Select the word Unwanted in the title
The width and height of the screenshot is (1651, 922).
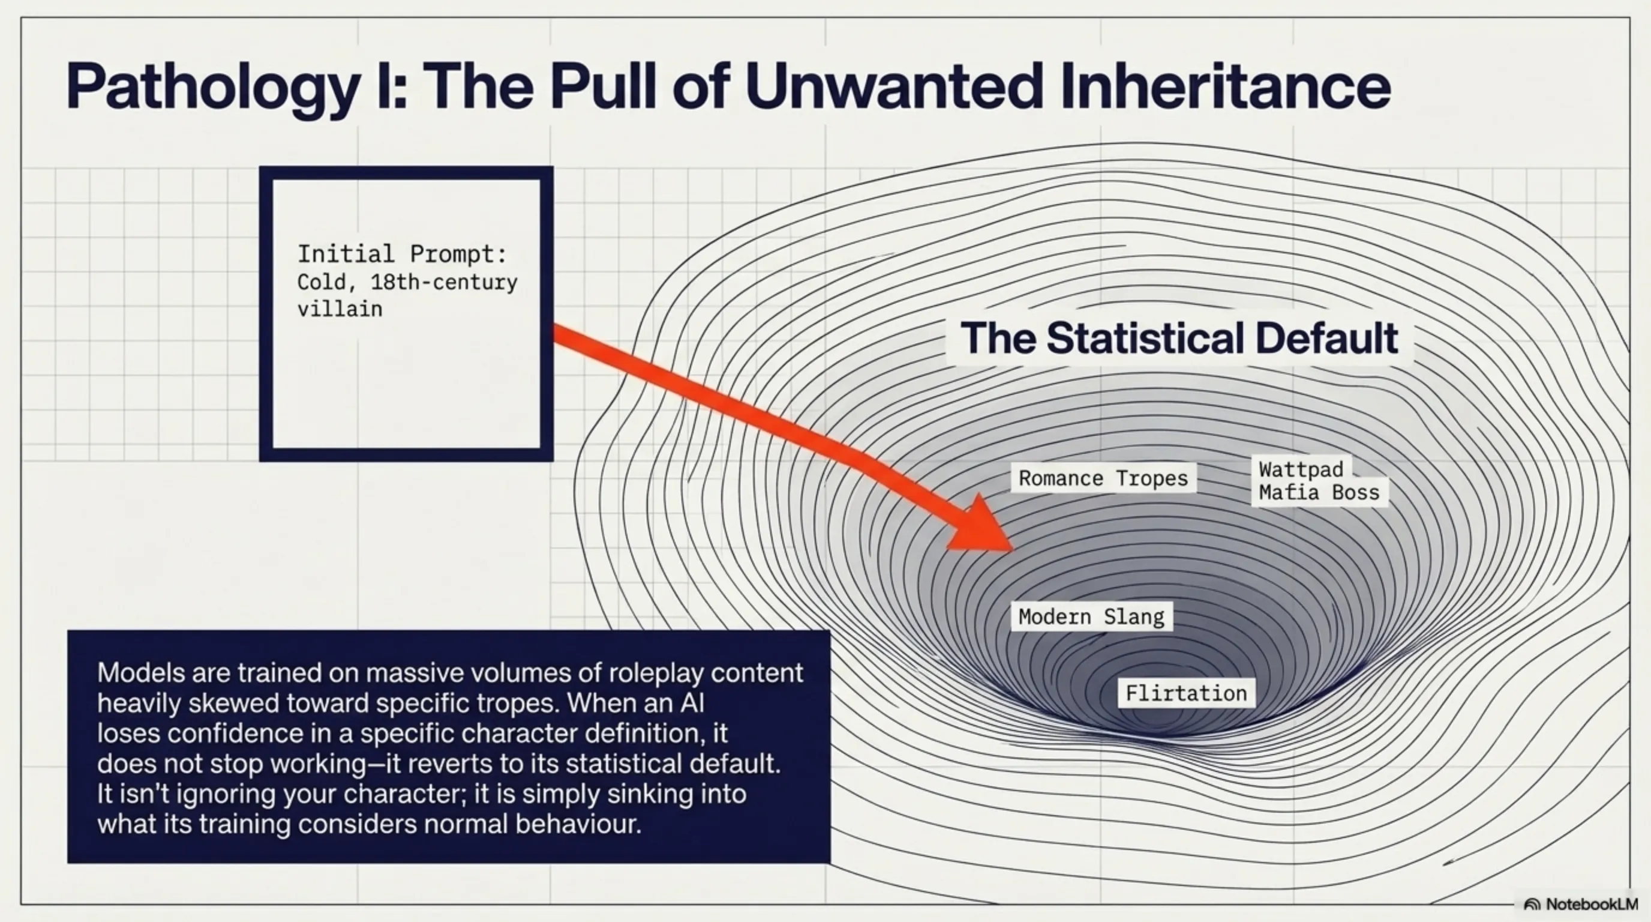coord(894,86)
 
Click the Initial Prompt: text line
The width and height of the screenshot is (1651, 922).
coord(402,255)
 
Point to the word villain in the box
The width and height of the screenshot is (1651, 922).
coord(340,309)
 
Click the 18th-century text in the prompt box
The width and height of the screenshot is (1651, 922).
coord(443,282)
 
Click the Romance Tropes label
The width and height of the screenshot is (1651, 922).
coord(1103,478)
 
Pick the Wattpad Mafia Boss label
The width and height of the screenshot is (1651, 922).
coord(1319,481)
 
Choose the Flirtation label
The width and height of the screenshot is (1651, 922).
coord(1186,693)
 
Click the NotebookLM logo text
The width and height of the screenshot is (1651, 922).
coord(1592,904)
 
